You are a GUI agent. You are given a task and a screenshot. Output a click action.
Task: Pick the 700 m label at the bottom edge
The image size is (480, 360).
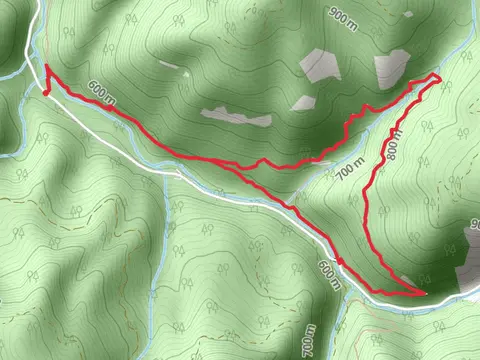click(308, 341)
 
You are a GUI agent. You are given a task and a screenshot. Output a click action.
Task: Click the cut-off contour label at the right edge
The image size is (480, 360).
click(473, 225)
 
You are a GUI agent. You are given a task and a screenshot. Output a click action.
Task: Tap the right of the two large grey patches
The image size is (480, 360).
click(391, 67)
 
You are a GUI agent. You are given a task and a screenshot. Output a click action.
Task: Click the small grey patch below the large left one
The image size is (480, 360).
click(302, 102)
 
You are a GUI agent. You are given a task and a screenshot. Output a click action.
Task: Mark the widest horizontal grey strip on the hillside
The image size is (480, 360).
click(236, 116)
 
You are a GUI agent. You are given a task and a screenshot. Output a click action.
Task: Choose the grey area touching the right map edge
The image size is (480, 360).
click(468, 262)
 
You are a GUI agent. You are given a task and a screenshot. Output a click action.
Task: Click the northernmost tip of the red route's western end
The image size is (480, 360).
click(46, 67)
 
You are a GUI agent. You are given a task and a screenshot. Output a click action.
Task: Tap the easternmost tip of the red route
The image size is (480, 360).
click(440, 77)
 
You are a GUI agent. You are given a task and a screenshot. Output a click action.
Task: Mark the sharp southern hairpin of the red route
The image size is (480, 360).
click(424, 293)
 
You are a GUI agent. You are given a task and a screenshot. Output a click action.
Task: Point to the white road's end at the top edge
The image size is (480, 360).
click(41, 3)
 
